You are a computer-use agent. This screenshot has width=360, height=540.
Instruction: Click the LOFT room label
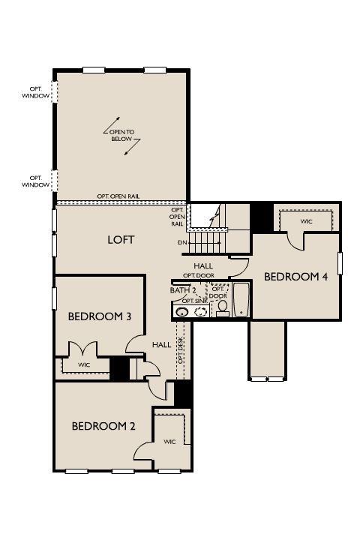(121, 240)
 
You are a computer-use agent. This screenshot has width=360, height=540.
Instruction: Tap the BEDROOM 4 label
(296, 277)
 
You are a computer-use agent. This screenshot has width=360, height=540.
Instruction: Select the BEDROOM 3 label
(100, 316)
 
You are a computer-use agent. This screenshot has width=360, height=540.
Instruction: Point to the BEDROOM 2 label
(103, 426)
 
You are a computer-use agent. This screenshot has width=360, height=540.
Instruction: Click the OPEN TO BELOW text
(121, 135)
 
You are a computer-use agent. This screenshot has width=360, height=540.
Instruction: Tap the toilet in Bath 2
(223, 308)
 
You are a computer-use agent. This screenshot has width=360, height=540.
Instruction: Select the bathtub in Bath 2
(241, 300)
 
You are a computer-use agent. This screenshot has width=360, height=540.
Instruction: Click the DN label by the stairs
(182, 242)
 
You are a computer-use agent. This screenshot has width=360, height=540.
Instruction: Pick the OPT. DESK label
(181, 350)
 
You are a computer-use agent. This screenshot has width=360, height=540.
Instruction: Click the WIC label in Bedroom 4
(306, 221)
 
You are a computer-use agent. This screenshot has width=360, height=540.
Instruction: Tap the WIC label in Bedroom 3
(84, 364)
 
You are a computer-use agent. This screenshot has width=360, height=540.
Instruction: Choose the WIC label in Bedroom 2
(169, 442)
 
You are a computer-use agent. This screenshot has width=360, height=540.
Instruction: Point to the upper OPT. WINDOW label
(35, 93)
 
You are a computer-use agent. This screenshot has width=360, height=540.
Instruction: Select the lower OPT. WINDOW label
(35, 181)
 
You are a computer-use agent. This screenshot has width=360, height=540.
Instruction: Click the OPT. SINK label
(195, 301)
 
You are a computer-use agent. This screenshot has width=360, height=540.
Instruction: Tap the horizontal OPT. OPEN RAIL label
(118, 196)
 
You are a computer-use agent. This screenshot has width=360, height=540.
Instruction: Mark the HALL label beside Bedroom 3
(162, 344)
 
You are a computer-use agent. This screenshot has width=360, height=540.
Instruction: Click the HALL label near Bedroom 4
(203, 265)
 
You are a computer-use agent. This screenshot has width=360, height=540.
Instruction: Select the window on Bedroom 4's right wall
(340, 263)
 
